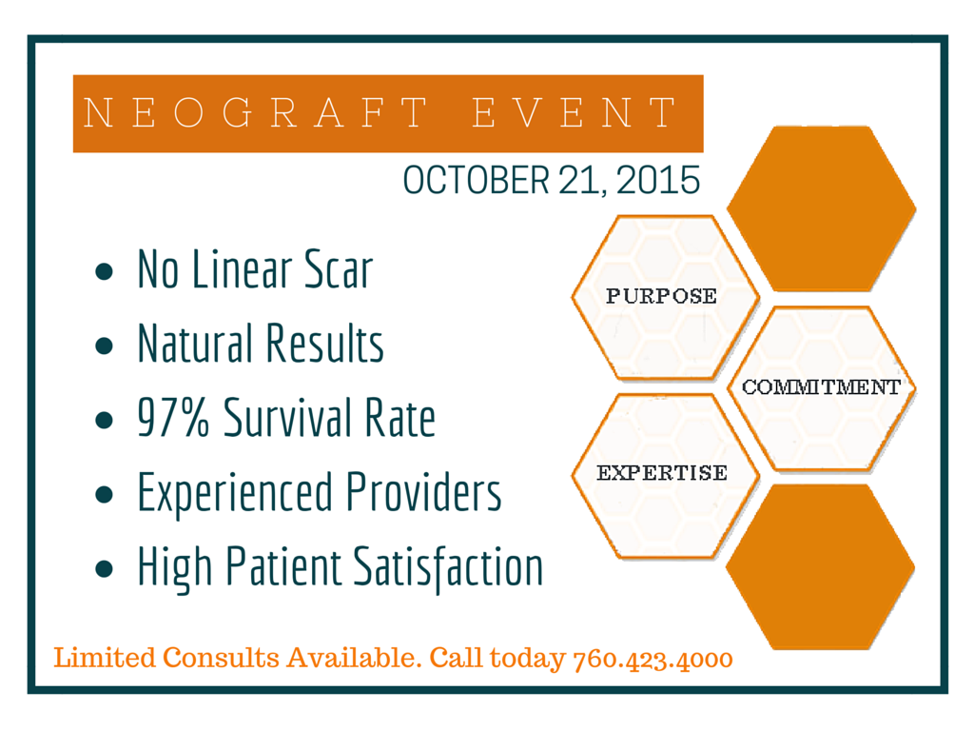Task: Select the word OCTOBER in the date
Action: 477,180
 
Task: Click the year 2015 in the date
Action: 658,180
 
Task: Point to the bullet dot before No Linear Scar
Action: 105,271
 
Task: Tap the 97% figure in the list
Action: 173,417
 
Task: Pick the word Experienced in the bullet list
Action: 236,494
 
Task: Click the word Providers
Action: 423,492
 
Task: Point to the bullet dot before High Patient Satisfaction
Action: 105,568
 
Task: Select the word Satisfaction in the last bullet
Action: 448,567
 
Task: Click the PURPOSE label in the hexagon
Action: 662,296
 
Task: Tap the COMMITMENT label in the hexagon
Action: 821,387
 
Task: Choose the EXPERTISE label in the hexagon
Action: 662,473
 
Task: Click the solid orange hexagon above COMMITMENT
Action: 821,208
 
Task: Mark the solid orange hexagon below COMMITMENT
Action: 820,567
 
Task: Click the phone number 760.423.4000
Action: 653,660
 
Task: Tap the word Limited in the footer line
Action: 105,657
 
